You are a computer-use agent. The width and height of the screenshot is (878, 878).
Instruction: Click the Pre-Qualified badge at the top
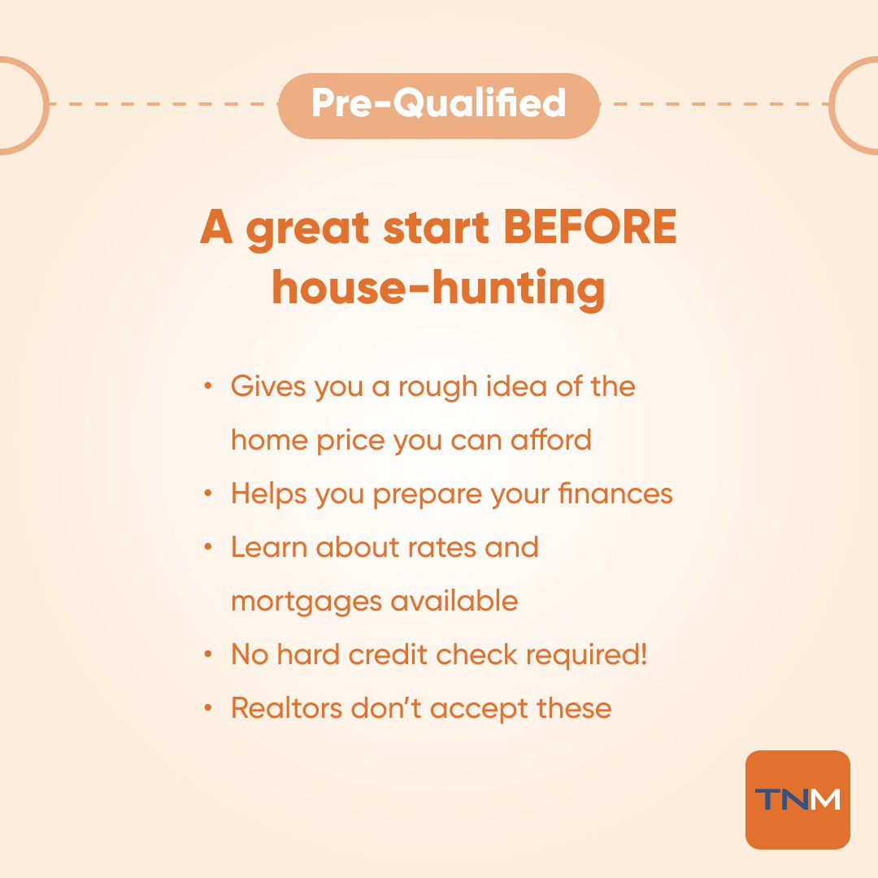(439, 104)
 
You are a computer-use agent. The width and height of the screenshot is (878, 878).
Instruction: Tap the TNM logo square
(797, 800)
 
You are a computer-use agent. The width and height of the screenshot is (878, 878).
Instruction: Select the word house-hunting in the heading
(438, 288)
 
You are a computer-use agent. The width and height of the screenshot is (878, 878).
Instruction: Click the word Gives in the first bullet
(261, 386)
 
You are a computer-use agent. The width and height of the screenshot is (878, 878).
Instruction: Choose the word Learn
(267, 547)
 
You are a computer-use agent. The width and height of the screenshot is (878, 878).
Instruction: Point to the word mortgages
(304, 602)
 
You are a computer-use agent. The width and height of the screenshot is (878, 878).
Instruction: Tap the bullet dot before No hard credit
(210, 655)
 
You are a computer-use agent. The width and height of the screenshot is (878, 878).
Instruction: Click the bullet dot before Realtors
(210, 709)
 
